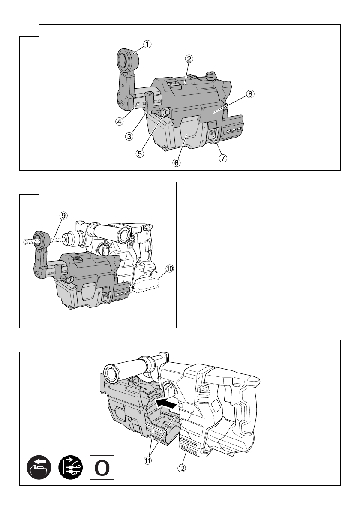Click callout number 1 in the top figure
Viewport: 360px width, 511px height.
148,44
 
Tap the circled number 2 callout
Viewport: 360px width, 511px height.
189,59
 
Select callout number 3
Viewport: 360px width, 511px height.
130,137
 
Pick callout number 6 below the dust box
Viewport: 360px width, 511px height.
176,162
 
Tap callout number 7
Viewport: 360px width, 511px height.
223,159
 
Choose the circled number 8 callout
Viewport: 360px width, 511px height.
249,94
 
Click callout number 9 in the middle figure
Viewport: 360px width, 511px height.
63,215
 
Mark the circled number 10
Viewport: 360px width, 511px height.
169,269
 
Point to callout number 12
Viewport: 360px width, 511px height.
181,468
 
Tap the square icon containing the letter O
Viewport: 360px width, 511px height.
102,467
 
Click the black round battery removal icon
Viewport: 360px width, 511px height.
39,467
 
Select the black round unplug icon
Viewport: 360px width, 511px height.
71,467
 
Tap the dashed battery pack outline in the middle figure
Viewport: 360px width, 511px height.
147,283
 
